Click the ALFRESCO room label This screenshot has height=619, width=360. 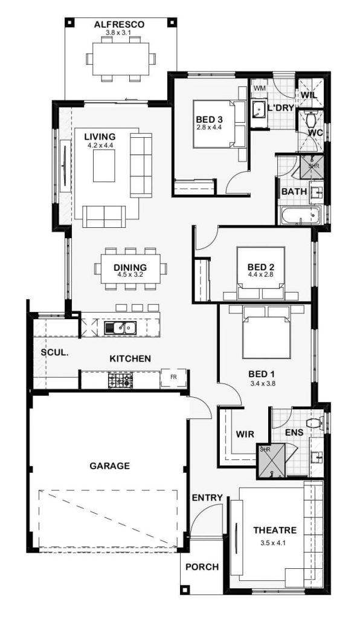[x=119, y=24]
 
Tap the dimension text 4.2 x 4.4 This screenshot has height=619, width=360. [x=100, y=145]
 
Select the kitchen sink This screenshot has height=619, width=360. [x=120, y=327]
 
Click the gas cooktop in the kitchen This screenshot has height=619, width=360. [x=120, y=380]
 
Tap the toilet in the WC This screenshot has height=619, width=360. [x=312, y=117]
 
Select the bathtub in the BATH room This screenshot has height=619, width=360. [x=300, y=216]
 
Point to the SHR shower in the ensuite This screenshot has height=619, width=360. [x=270, y=460]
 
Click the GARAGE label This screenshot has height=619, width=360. [x=109, y=466]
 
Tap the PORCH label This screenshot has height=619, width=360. [x=202, y=567]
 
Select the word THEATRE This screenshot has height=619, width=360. [x=275, y=530]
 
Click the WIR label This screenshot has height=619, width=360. [x=245, y=434]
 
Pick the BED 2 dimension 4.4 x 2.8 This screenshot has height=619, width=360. [x=260, y=274]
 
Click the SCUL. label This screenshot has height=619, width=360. [x=54, y=353]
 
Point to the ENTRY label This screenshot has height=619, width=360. [x=207, y=498]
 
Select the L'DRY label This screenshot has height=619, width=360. [x=280, y=108]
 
